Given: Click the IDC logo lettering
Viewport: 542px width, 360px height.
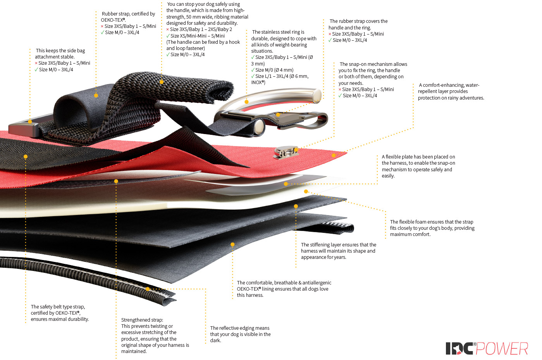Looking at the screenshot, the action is click(459, 348).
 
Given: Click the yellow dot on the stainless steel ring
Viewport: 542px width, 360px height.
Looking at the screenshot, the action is click(246, 102).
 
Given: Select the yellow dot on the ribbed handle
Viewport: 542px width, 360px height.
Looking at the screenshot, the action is click(162, 82).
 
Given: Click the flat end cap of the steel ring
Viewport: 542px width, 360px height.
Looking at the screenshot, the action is click(317, 95).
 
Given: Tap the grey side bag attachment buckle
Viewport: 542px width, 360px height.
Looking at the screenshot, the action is click(24, 127).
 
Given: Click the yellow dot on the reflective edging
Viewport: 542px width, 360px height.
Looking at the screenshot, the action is click(148, 289).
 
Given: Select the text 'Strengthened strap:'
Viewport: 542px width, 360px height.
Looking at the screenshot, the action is click(142, 320).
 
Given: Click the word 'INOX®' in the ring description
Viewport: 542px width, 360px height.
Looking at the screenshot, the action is click(258, 82).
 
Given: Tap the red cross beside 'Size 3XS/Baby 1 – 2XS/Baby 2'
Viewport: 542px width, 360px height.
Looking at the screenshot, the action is click(168, 29).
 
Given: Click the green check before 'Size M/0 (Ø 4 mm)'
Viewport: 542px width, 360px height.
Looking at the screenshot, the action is click(253, 70).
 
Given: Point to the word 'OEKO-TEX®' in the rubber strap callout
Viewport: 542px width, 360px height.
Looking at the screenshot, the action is click(113, 20).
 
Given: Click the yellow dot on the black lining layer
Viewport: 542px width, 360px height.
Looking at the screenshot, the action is click(232, 245).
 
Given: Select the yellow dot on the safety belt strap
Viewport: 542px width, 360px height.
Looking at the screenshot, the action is click(26, 157).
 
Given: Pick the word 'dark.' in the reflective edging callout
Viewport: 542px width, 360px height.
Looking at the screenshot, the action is click(215, 340).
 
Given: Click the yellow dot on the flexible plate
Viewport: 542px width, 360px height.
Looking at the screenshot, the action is click(286, 184).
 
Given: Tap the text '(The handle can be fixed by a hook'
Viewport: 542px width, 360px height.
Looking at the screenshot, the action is click(203, 42).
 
